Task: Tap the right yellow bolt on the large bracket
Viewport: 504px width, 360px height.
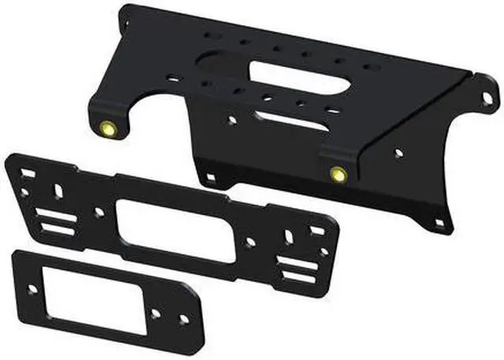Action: point(338,173)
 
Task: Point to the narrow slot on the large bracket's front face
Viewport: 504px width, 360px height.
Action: point(291,121)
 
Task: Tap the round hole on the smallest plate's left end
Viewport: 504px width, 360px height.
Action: point(32,289)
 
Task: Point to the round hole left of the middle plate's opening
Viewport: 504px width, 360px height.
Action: point(98,212)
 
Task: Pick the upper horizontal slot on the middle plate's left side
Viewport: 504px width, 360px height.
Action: point(53,213)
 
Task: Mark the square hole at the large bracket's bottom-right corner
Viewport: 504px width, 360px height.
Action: point(439,223)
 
